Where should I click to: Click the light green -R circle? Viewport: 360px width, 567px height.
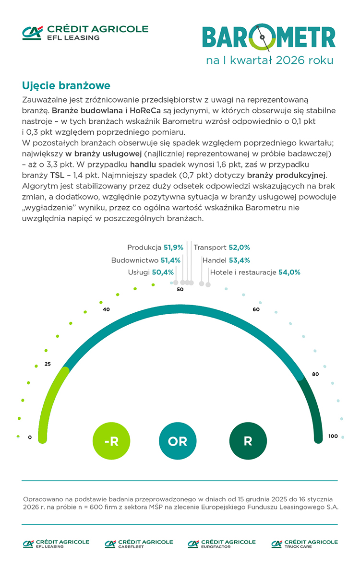111,441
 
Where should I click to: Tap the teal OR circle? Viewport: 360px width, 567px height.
178,441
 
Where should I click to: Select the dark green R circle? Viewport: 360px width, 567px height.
248,441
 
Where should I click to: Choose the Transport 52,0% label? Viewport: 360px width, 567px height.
222,248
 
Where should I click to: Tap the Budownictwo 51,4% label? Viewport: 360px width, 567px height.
145,260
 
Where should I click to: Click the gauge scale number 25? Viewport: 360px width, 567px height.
48,364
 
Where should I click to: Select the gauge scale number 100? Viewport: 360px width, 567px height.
333,436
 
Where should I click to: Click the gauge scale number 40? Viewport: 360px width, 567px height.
106,309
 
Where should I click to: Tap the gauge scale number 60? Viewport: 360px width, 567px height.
256,309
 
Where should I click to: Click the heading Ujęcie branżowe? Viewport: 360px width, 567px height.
66,86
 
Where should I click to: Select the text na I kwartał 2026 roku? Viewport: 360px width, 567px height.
269,61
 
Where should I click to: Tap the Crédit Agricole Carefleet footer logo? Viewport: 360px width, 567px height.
139,543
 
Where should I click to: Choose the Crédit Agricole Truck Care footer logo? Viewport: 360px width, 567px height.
304,543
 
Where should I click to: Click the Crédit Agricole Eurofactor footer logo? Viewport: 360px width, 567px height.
221,543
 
